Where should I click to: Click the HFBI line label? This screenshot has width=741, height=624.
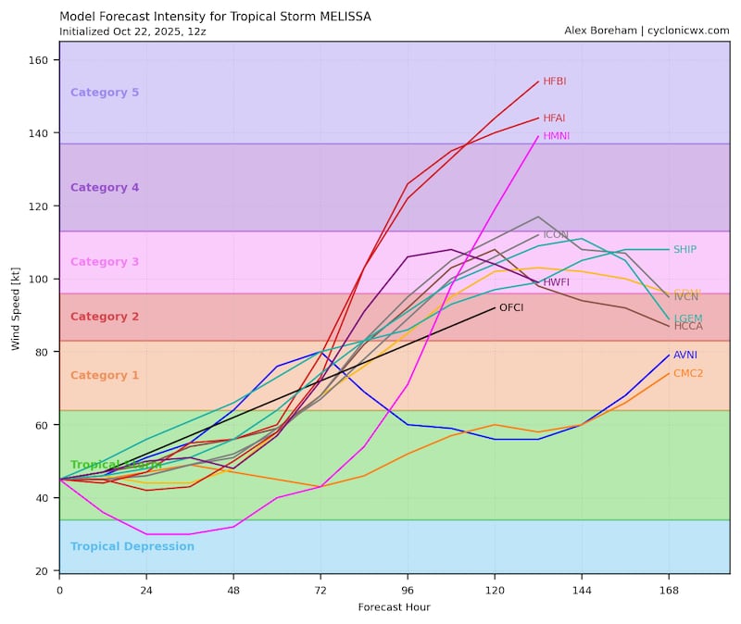point(555,81)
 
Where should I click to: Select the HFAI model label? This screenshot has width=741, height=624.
point(554,119)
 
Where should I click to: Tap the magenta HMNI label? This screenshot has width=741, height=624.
point(556,136)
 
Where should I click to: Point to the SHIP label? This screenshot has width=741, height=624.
point(684,250)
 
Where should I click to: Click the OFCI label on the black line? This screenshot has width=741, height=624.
point(511,307)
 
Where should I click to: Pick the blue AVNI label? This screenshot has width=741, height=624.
point(685,356)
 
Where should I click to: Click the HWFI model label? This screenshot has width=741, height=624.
point(557,282)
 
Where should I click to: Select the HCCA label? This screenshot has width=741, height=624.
point(687,326)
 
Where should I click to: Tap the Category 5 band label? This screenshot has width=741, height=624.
point(105,93)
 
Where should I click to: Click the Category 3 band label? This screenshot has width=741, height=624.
point(105,262)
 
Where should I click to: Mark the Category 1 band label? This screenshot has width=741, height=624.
point(105,376)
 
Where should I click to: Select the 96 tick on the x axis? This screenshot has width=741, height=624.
point(408,589)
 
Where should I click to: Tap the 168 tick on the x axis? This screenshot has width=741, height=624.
point(669,589)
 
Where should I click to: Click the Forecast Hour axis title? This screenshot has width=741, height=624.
point(394,607)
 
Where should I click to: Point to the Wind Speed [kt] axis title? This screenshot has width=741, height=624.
point(15,307)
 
